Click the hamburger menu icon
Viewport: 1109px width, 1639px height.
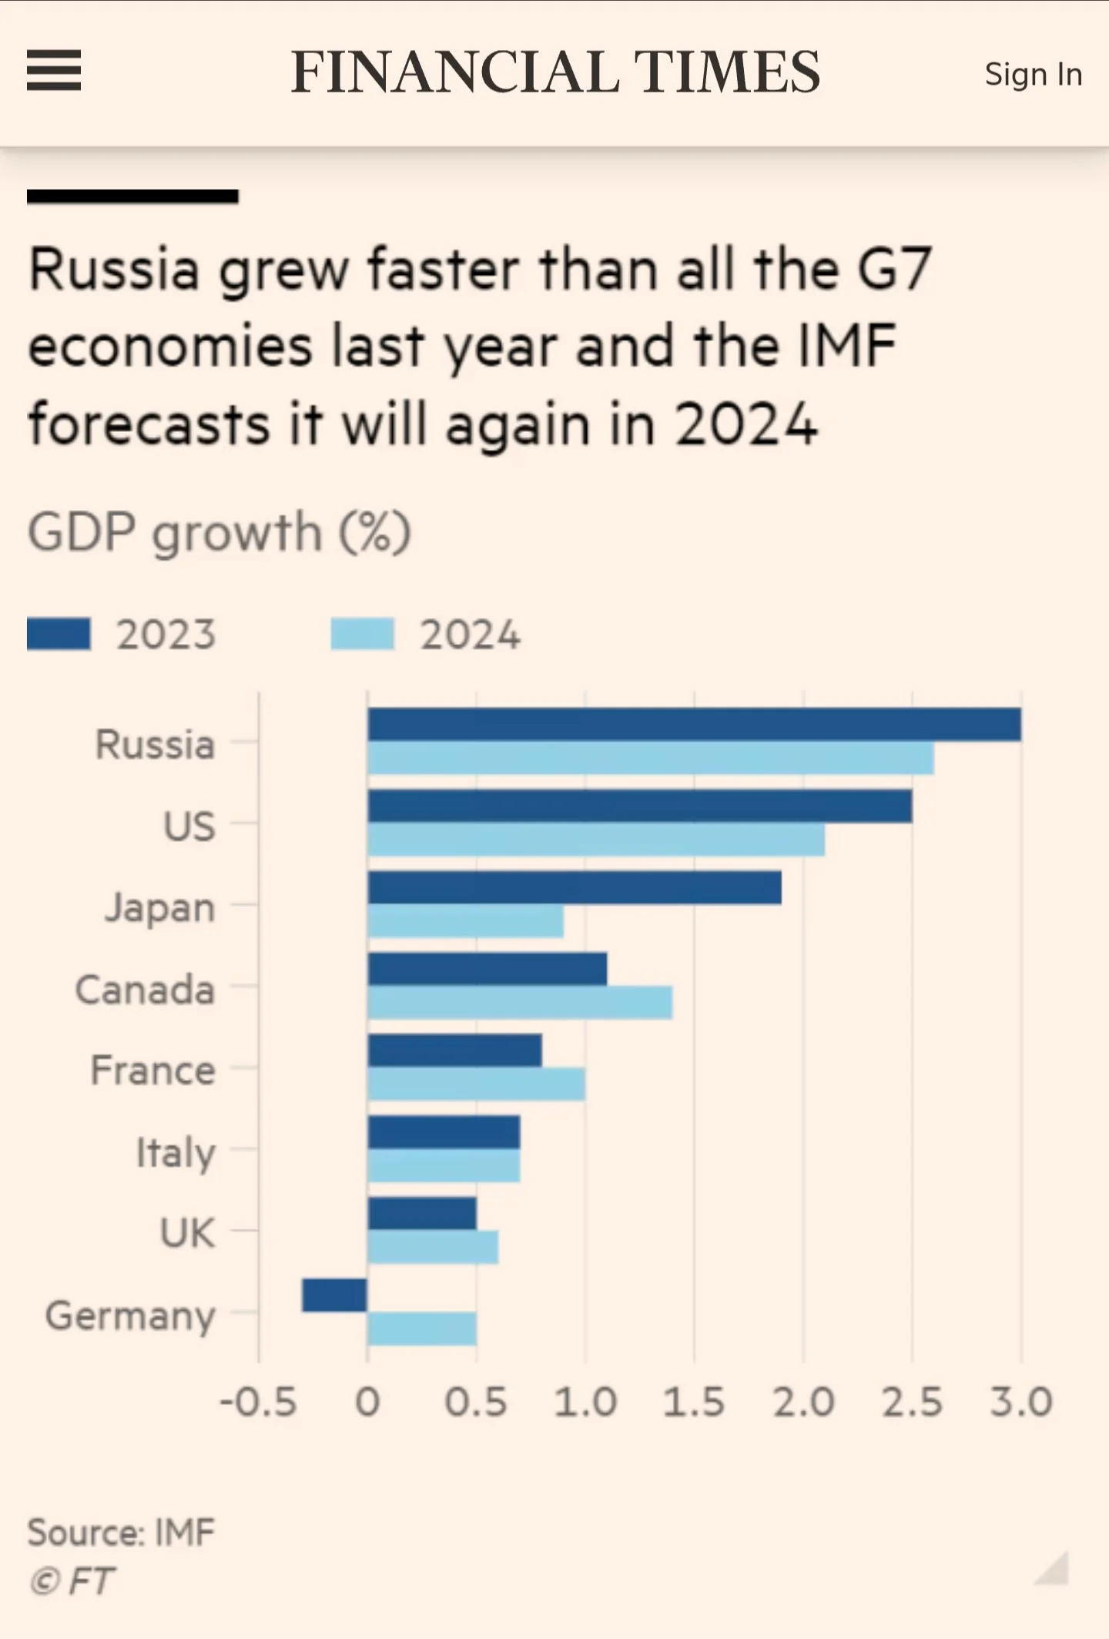click(x=54, y=71)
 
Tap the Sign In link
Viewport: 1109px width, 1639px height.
click(x=1033, y=75)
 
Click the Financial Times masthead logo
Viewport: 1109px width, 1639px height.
click(x=555, y=72)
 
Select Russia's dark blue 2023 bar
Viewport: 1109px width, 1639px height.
click(x=694, y=725)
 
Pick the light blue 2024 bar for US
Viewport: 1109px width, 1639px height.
click(x=596, y=840)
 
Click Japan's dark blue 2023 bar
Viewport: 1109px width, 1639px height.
click(x=575, y=888)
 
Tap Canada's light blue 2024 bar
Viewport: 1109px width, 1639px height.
click(x=520, y=1003)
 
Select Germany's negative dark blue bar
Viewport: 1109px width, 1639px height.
click(x=334, y=1295)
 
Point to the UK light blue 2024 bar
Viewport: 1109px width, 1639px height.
click(x=433, y=1247)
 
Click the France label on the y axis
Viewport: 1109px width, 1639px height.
click(x=152, y=1071)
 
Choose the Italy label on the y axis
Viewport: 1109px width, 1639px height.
click(x=176, y=1153)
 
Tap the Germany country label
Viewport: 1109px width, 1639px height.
click(x=130, y=1316)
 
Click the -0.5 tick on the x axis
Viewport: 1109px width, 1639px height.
click(x=258, y=1403)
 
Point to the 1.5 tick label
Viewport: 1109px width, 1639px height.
click(x=694, y=1403)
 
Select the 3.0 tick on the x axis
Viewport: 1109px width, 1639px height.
click(x=1021, y=1403)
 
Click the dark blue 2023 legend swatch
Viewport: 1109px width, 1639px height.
click(x=59, y=635)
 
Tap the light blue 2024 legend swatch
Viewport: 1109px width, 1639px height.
click(x=363, y=635)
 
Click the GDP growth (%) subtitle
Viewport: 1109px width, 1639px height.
click(x=219, y=532)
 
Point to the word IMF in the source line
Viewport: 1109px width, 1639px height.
click(x=185, y=1532)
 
